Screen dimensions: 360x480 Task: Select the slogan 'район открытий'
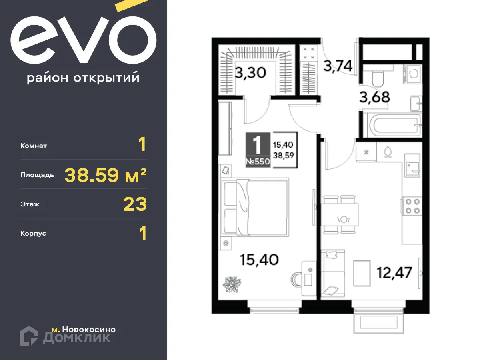coord(83,78)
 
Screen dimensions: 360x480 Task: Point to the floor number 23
coord(135,204)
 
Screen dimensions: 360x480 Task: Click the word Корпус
coord(33,233)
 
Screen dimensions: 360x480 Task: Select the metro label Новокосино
coord(84,330)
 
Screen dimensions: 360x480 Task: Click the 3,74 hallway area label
coord(338,66)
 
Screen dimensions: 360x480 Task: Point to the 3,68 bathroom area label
coord(374,97)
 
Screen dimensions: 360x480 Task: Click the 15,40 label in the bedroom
coord(259,259)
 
